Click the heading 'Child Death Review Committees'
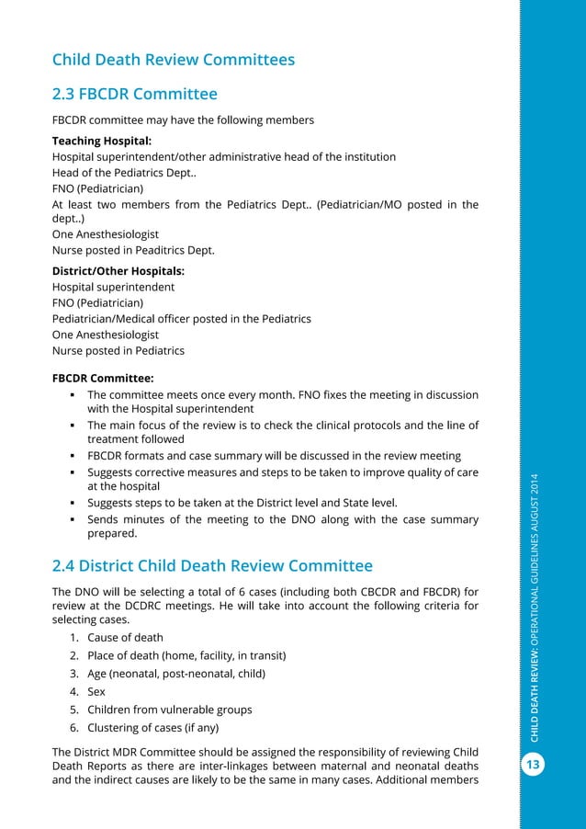[174, 60]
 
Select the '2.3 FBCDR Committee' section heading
[135, 94]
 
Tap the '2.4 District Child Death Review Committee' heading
[212, 564]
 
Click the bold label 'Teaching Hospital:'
[102, 142]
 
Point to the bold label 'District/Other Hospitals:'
[118, 271]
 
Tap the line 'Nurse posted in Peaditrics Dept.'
[133, 249]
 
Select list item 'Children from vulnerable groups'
[169, 709]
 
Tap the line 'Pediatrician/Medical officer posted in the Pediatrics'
[182, 318]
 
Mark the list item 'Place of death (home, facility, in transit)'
[186, 655]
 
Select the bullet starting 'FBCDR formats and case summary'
[274, 456]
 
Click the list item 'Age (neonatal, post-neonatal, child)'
[176, 673]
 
